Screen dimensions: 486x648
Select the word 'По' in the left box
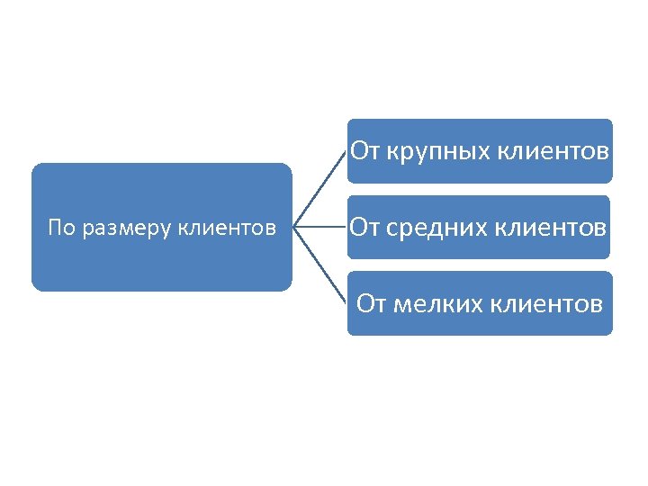[61, 228]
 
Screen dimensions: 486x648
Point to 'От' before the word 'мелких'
[373, 303]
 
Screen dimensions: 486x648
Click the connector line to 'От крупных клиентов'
[321, 188]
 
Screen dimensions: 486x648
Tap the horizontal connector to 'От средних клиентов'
[321, 227]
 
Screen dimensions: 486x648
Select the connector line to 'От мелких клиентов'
[321, 265]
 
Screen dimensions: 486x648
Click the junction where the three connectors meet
[295, 227]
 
